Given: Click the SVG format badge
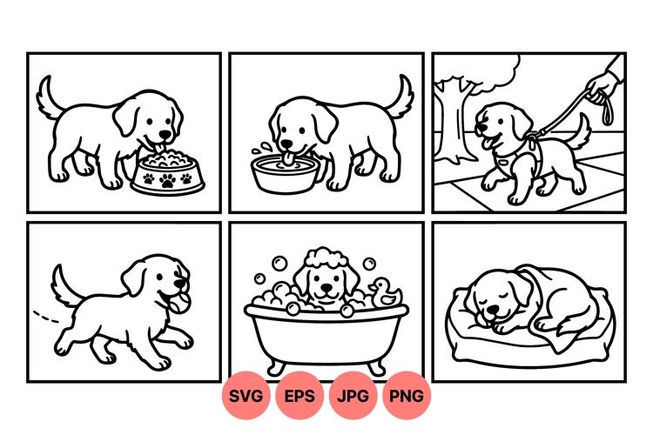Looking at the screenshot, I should click(x=246, y=396).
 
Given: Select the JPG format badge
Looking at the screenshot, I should click(x=353, y=396).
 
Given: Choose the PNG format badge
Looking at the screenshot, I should click(x=407, y=396).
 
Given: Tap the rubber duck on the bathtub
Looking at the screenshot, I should click(x=385, y=293).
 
